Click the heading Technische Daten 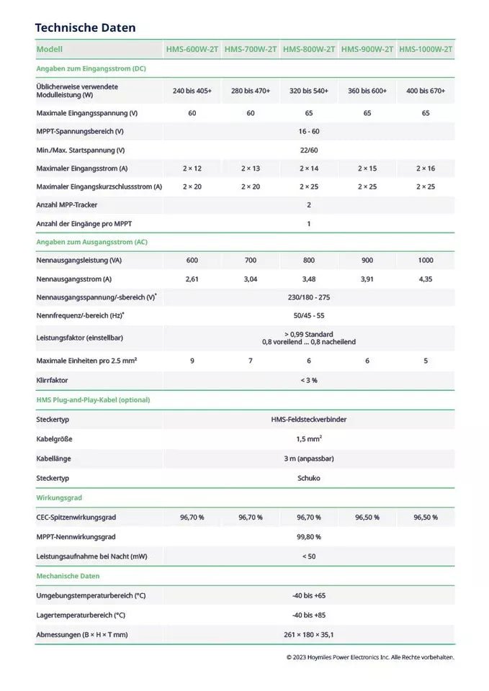[x=85, y=27]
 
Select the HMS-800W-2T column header [x=308, y=50]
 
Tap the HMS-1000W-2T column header [x=426, y=50]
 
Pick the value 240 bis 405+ [x=192, y=91]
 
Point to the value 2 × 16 [x=426, y=168]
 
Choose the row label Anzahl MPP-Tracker [x=67, y=205]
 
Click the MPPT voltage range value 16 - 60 [x=308, y=132]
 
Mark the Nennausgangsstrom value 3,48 [x=308, y=279]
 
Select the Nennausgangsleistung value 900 [x=367, y=260]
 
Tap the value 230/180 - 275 [x=308, y=297]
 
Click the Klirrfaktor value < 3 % [x=308, y=380]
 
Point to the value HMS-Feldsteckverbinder [x=308, y=419]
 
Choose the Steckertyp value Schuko [x=308, y=478]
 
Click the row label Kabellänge [x=54, y=459]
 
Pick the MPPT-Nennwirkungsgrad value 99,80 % [x=308, y=536]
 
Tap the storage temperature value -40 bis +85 [x=308, y=615]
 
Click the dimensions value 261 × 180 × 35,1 [x=308, y=634]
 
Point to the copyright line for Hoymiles [x=370, y=656]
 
